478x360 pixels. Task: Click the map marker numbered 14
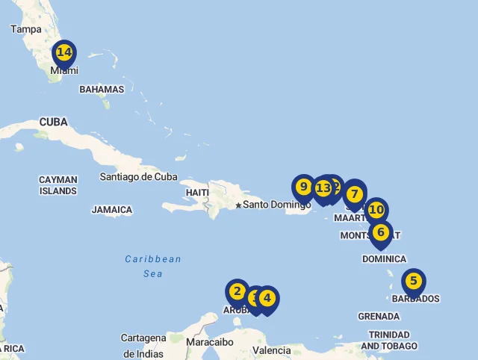click(64, 53)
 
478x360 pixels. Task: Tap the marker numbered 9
click(303, 187)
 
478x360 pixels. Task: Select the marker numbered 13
click(322, 188)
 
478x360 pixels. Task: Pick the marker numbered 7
click(355, 194)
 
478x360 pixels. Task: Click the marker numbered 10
click(376, 211)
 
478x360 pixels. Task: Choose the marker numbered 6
click(380, 232)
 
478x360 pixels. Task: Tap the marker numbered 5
click(413, 282)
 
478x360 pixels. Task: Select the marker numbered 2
click(238, 292)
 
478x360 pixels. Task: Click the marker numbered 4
click(267, 299)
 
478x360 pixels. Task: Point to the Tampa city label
click(26, 29)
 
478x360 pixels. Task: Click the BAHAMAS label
click(102, 90)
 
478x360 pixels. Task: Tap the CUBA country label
click(53, 122)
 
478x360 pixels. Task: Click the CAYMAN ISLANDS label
click(58, 185)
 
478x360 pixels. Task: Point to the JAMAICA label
click(112, 211)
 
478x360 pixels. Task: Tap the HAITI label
click(197, 193)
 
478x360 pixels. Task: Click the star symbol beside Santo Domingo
click(238, 205)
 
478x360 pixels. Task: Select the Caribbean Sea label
click(153, 266)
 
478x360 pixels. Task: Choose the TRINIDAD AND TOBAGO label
click(388, 341)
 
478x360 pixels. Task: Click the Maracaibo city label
click(210, 343)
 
